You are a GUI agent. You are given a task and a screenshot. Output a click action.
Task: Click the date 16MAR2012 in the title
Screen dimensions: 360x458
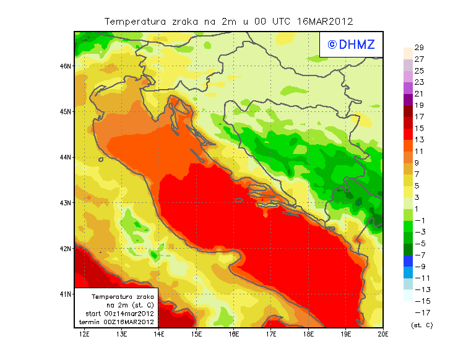click(325, 21)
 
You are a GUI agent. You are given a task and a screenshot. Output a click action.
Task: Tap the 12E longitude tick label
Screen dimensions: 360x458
click(84, 334)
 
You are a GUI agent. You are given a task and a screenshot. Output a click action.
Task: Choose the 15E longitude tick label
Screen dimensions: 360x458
click(196, 334)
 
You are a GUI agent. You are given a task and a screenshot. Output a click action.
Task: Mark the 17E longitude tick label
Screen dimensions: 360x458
click(271, 334)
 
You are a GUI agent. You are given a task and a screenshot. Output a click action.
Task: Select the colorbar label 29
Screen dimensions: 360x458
click(419, 48)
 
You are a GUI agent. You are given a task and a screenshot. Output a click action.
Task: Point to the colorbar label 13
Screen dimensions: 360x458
click(419, 140)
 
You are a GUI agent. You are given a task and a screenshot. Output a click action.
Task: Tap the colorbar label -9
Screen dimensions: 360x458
click(420, 267)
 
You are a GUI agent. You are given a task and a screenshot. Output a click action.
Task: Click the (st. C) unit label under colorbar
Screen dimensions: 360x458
click(421, 325)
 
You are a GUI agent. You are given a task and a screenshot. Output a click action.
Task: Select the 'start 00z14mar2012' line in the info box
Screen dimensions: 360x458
click(120, 314)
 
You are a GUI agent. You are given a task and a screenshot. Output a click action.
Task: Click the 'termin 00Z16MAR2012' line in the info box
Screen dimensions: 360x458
click(120, 322)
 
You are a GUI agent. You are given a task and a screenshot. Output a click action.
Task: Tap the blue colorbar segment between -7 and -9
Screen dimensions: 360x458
click(408, 261)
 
